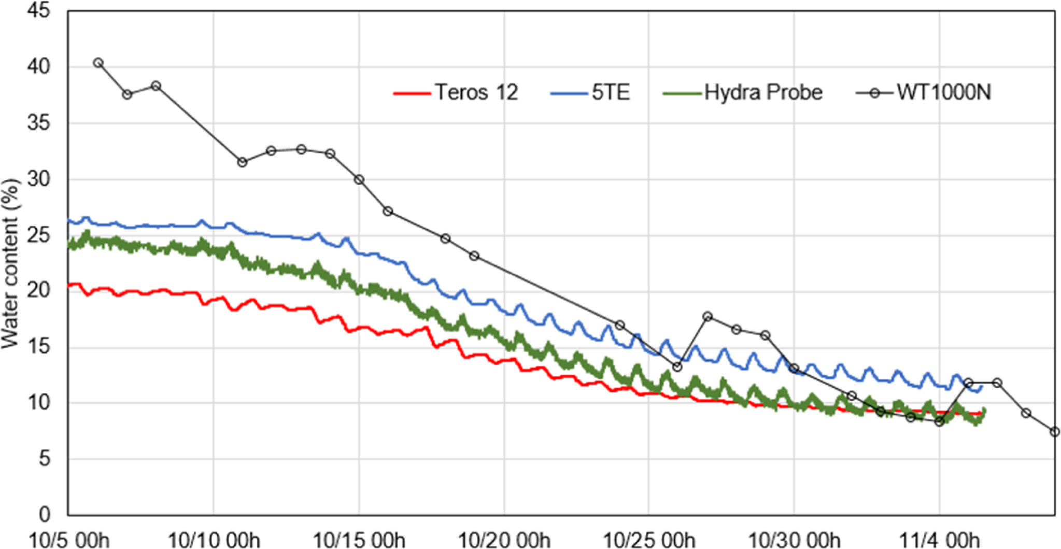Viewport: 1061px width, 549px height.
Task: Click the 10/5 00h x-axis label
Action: (68, 540)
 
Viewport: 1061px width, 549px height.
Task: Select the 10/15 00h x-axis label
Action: (359, 540)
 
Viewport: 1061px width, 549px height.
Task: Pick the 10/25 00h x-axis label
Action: (649, 540)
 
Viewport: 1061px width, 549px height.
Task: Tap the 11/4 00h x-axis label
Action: (939, 540)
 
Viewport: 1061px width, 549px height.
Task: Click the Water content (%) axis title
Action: (10, 263)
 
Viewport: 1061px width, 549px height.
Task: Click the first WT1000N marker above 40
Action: (98, 63)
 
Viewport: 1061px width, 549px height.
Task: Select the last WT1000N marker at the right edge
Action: (1054, 432)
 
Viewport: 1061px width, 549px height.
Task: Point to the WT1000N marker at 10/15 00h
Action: (359, 180)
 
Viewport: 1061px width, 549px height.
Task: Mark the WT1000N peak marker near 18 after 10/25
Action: (708, 316)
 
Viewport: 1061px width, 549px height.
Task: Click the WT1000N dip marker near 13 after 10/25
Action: (677, 367)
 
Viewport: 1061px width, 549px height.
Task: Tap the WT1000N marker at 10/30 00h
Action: (794, 369)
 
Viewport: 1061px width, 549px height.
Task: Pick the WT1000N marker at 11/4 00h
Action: (939, 422)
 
